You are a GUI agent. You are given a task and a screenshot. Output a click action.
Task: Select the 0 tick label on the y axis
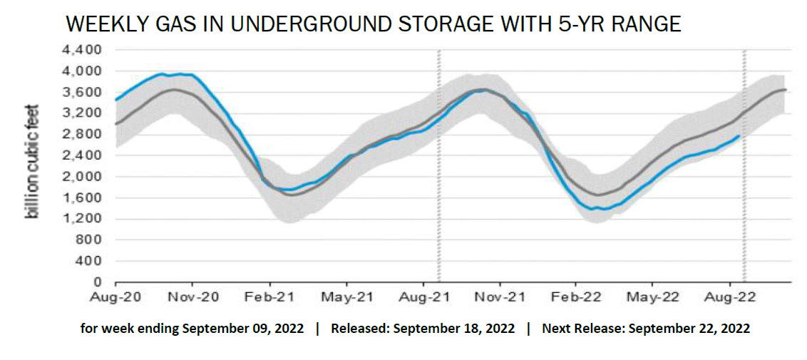[x=101, y=282]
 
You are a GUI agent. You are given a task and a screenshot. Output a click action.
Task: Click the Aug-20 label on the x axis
[x=115, y=296]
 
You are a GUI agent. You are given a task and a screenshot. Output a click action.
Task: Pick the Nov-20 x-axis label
[x=193, y=296]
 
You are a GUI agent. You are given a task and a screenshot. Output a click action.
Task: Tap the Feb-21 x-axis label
[x=269, y=296]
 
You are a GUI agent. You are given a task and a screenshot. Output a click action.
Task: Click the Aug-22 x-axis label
[x=729, y=296]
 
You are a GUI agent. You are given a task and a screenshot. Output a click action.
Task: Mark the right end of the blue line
[x=738, y=135]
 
